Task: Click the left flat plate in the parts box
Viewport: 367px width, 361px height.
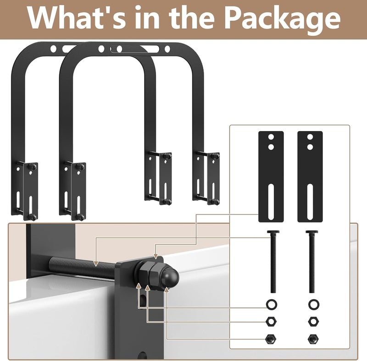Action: pos(271,176)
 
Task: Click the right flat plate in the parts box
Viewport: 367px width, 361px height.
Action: pos(310,176)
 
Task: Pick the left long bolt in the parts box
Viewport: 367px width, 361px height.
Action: pos(273,262)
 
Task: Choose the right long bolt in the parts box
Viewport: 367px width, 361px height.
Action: pos(312,262)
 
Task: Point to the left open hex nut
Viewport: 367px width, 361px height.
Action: pos(271,322)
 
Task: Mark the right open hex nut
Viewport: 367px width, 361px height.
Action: pos(313,322)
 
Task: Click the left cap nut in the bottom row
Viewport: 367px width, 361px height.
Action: pos(271,339)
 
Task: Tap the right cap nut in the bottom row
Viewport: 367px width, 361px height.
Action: pos(313,339)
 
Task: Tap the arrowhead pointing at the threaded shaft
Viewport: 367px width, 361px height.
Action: pos(96,263)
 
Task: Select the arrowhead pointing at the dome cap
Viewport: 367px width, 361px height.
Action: pos(167,290)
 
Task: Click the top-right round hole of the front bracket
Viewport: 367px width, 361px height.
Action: pos(167,49)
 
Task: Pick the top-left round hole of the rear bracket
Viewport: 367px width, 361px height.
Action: pos(53,49)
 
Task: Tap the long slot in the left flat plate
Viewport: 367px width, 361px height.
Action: pos(271,202)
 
